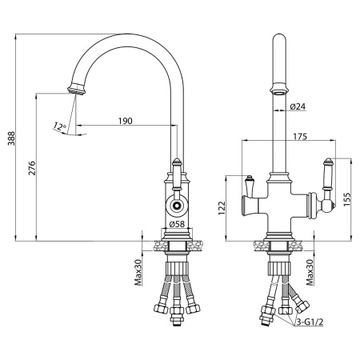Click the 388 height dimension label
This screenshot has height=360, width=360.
[11, 138]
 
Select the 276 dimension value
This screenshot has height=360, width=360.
[32, 168]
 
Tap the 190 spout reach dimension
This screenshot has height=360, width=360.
[125, 121]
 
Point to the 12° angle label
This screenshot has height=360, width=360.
[60, 126]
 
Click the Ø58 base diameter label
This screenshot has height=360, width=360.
[177, 224]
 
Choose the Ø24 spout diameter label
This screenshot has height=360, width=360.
[298, 106]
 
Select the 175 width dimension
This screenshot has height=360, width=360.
[300, 136]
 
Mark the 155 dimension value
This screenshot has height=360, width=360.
[347, 199]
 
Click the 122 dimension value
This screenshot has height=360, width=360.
[222, 208]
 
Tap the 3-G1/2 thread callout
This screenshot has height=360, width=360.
[310, 322]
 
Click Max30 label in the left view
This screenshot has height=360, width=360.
[138, 272]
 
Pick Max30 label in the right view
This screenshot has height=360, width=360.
[310, 272]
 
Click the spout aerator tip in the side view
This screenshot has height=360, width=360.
[76, 89]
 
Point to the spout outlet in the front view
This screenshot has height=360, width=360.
[279, 89]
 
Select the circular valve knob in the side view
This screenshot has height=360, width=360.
[177, 206]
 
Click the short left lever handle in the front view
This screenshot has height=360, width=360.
[249, 186]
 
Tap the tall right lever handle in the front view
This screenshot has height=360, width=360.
[327, 175]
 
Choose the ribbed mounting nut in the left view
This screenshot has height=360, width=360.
[177, 268]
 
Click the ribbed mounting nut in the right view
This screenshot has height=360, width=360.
[278, 268]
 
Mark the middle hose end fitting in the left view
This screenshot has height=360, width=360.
[177, 314]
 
